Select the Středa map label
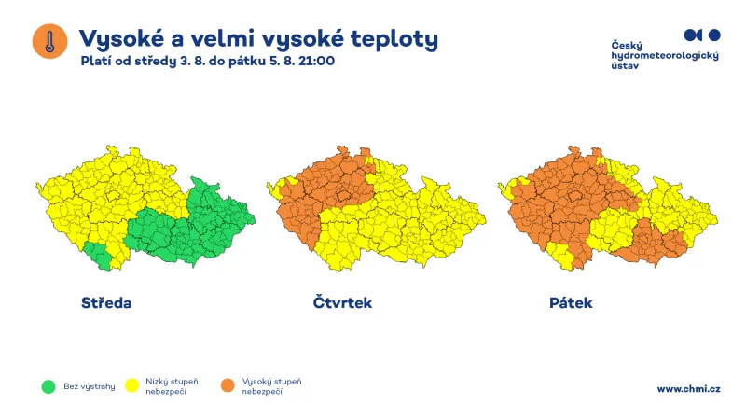tap(106, 303)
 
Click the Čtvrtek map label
tap(342, 303)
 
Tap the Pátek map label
tap(571, 303)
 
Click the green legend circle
tap(48, 385)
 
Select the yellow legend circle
tap(131, 385)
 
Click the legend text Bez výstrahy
tap(89, 386)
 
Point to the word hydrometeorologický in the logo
tap(664, 58)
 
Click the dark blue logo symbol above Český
tap(701, 35)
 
